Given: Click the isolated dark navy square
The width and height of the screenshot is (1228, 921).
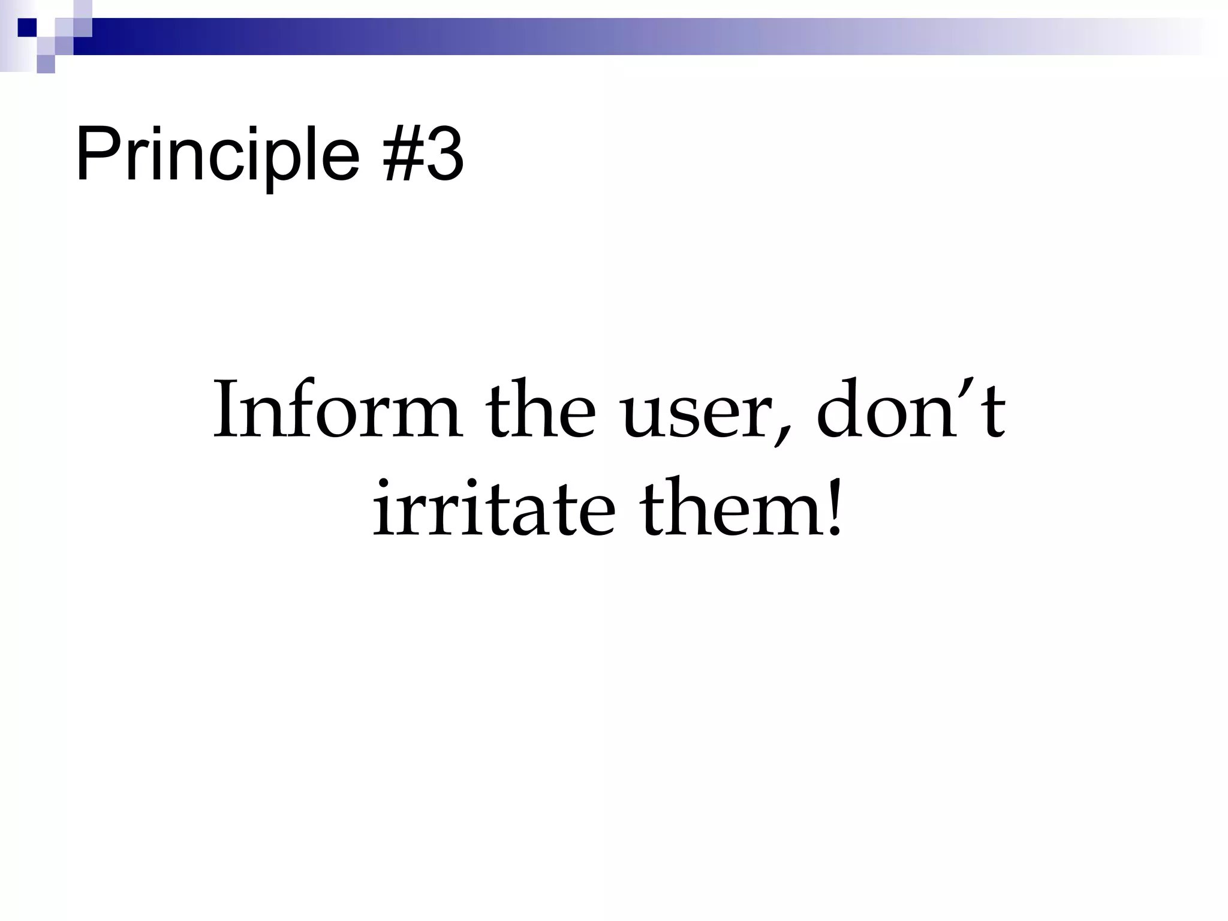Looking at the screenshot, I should (27, 28).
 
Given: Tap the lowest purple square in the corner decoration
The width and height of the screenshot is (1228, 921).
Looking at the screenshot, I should (46, 64).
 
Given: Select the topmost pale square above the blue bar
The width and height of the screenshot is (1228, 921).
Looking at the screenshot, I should (83, 8).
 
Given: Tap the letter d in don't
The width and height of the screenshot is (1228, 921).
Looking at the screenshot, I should (839, 408).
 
